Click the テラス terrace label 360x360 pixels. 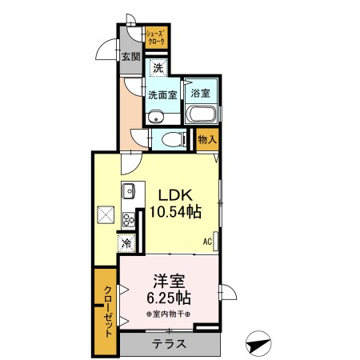coord(169,345)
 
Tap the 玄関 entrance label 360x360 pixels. coord(131,57)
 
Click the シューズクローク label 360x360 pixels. coord(155,37)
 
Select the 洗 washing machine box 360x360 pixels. coord(158,69)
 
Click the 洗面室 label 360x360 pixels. coord(162,94)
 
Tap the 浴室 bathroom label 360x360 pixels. coord(201,94)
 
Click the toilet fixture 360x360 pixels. coord(169,141)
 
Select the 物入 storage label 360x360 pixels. coord(206,138)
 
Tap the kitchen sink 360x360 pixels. coord(129,192)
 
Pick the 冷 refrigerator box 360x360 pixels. coord(126,242)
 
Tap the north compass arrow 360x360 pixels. coord(257,345)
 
